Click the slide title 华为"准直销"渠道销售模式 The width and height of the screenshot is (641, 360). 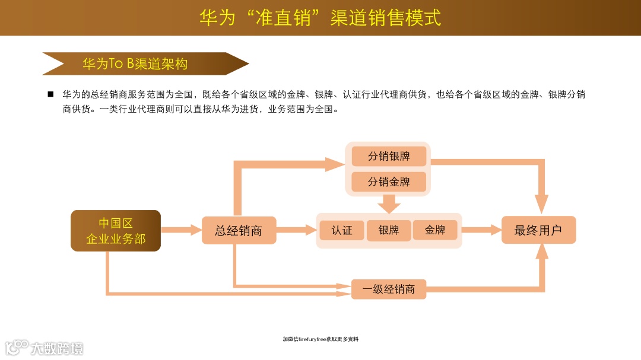[x=320, y=17]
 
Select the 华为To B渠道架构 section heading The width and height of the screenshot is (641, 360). [x=135, y=64]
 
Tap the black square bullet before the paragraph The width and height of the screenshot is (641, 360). [x=50, y=94]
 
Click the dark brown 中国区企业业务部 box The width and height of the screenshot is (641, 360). [x=116, y=231]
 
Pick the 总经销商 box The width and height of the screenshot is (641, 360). [x=239, y=230]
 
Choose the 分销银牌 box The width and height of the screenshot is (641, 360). [x=389, y=157]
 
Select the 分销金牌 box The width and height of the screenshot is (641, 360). [x=389, y=181]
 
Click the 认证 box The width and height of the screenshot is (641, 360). [x=342, y=230]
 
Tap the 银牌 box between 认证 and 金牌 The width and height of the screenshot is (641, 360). [x=389, y=230]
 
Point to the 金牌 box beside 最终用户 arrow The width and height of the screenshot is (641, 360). [x=435, y=230]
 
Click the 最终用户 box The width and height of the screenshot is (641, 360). [x=538, y=230]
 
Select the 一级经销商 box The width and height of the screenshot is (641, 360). [x=389, y=289]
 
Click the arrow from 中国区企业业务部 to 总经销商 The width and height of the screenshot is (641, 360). [x=180, y=230]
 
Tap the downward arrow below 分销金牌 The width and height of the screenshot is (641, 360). [x=389, y=204]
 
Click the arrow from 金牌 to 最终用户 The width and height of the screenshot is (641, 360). [x=481, y=230]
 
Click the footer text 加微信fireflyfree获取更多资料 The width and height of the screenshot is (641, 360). [x=320, y=339]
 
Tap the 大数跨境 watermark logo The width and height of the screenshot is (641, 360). [x=45, y=347]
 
